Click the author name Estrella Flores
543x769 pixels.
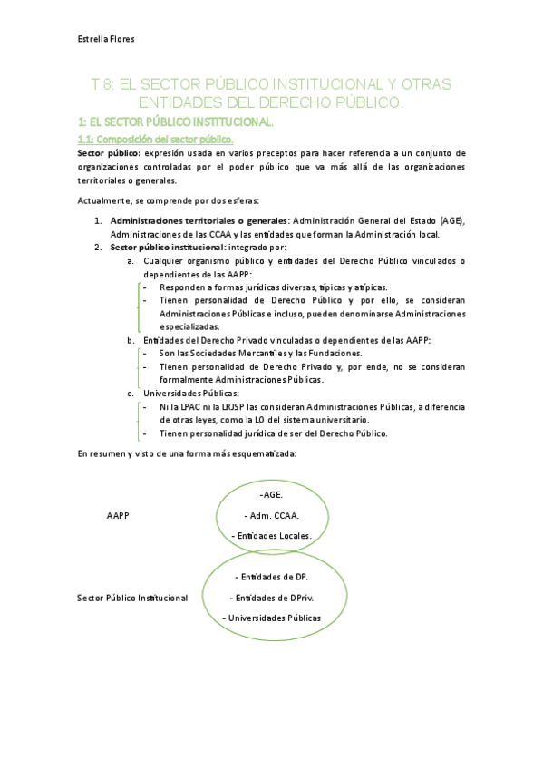(106, 39)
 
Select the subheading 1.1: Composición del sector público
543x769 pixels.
(155, 139)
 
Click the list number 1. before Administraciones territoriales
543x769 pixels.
(99, 220)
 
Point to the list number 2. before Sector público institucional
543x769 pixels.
(99, 247)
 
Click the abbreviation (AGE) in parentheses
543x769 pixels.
(450, 220)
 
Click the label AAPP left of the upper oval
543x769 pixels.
(118, 515)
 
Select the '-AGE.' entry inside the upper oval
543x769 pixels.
(271, 494)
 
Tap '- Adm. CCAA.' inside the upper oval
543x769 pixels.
(272, 515)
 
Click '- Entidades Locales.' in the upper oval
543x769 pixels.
(272, 535)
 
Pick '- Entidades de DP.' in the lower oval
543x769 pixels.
(271, 577)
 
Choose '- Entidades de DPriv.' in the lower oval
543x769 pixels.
(272, 598)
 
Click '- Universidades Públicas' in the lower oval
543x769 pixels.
(272, 618)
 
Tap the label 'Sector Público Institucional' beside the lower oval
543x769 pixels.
(132, 598)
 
